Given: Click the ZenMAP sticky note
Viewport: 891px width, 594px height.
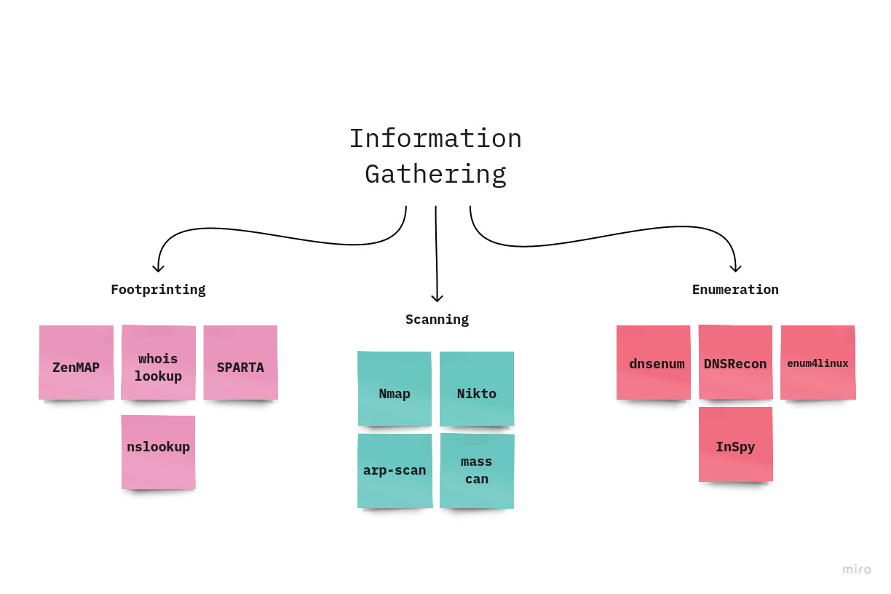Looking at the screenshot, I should coord(76,363).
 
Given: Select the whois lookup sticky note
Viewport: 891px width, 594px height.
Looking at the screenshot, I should coord(158,363).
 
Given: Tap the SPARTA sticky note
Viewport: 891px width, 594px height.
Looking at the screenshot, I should coord(240,363).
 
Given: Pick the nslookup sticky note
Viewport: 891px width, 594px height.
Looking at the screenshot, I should coord(158,451).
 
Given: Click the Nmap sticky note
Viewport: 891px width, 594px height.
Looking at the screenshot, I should coord(395,389).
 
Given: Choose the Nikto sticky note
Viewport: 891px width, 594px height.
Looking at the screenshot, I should coord(477,389).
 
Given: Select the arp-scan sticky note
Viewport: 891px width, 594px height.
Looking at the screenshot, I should coord(395,471).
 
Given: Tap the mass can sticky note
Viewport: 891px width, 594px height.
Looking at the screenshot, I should coord(477,471).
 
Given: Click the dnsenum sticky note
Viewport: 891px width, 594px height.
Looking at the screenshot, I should coord(654,363).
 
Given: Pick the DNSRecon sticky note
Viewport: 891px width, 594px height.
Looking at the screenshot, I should coord(735,363).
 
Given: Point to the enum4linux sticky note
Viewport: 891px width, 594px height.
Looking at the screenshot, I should coord(817,363).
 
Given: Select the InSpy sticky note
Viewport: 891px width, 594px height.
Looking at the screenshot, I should coord(735,444).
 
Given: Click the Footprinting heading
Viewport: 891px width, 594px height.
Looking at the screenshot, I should coord(158,290).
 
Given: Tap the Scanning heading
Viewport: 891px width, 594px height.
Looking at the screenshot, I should coord(437,320).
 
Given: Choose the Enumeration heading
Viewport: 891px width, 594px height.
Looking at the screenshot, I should coord(735,290).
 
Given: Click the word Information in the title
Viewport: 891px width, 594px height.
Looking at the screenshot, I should coord(435,138).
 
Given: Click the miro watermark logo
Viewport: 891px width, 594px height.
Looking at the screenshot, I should coord(856,569).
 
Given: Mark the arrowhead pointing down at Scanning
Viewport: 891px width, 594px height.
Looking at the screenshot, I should coord(437,297).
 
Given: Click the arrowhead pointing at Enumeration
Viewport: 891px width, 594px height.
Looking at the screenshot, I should coord(736,267).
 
